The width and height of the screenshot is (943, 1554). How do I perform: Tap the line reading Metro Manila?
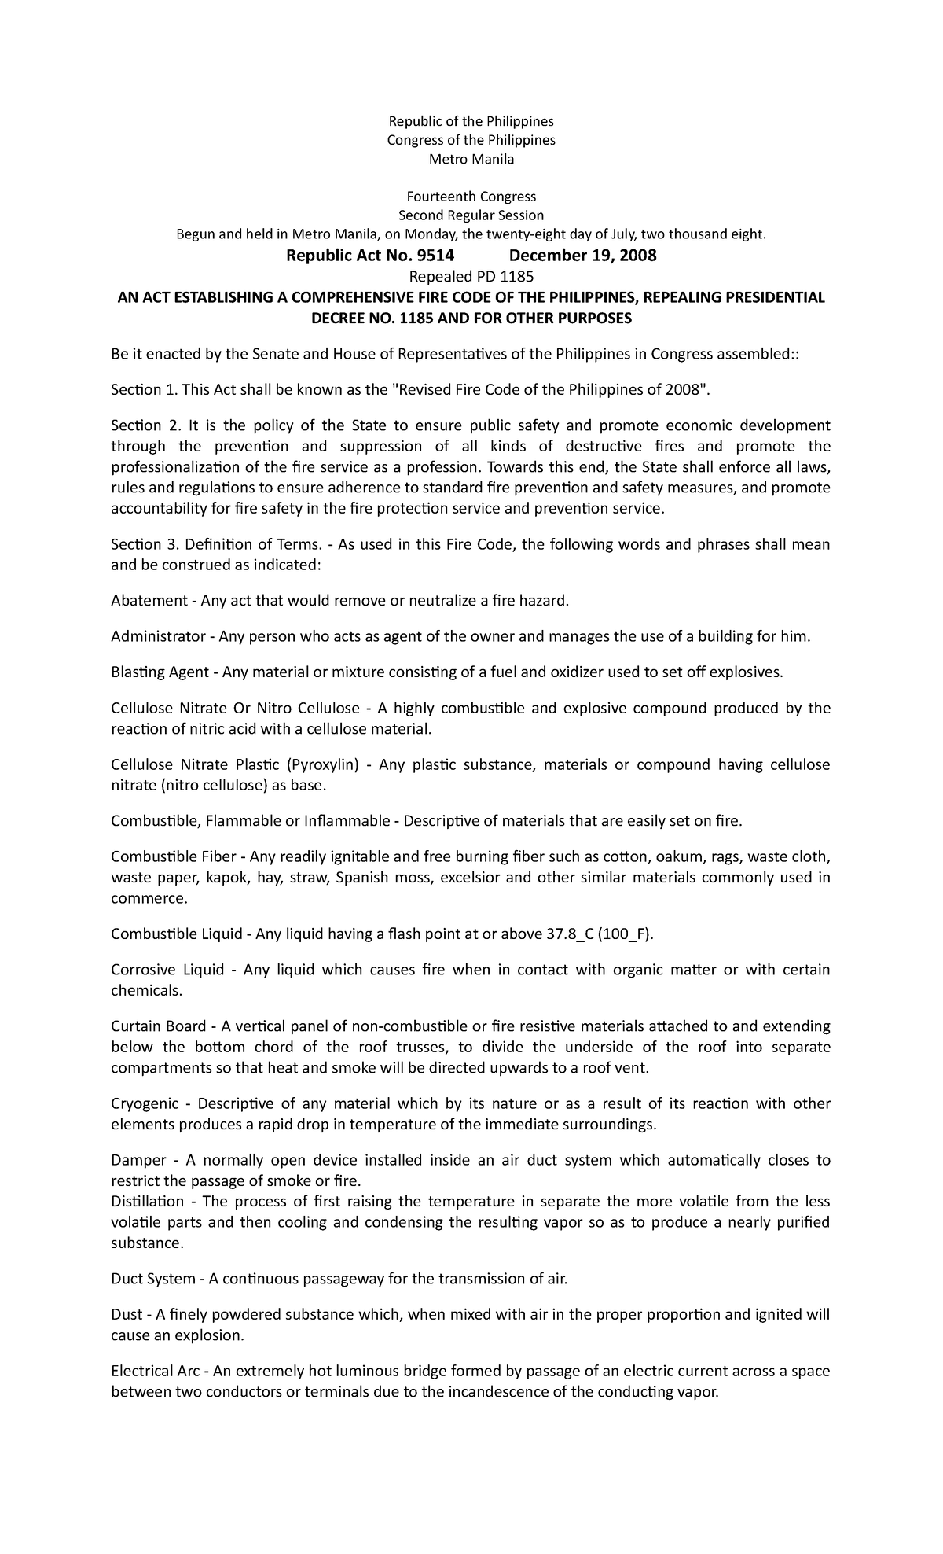click(471, 160)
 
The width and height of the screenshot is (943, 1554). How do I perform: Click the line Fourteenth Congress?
click(471, 197)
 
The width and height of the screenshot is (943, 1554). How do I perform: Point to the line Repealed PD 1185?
click(471, 277)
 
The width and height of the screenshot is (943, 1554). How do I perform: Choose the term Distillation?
click(148, 1202)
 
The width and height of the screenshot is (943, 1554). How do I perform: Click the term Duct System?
click(153, 1279)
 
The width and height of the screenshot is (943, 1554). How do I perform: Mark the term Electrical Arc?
click(156, 1372)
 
